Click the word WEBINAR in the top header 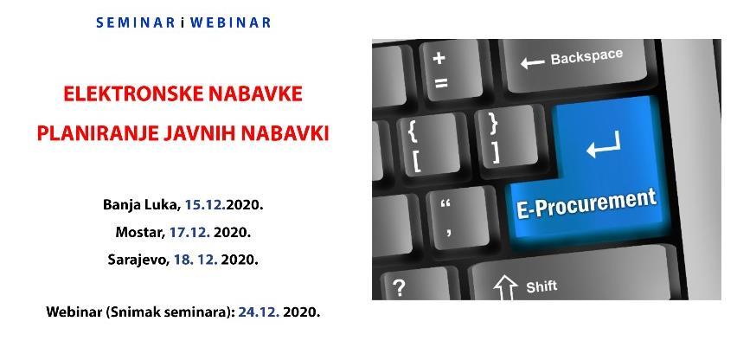click(228, 22)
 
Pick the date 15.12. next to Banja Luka click(205, 206)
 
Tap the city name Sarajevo click(138, 259)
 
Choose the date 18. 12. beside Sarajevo click(196, 259)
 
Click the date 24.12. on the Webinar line click(258, 312)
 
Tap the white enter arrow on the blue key click(603, 146)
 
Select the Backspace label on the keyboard click(586, 58)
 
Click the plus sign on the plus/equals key click(439, 58)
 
